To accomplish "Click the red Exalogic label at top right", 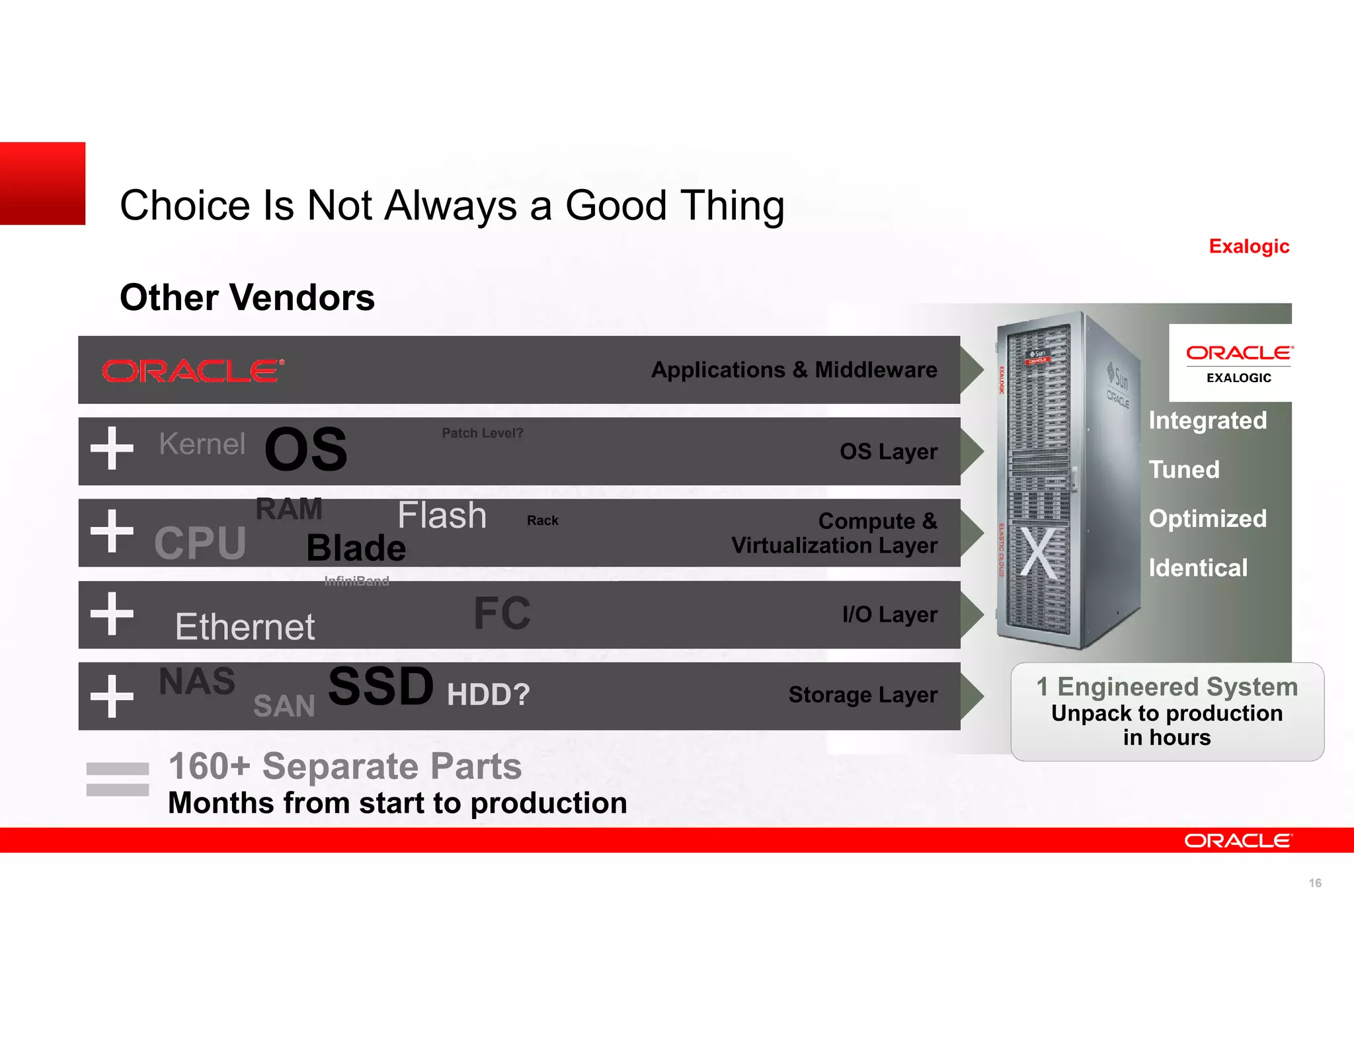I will click(x=1248, y=247).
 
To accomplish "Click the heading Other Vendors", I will click(x=247, y=298).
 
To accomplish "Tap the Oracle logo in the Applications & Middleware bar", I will click(x=193, y=371).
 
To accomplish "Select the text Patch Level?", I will click(x=482, y=433).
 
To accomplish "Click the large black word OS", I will click(x=305, y=450).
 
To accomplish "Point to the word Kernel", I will click(x=202, y=444).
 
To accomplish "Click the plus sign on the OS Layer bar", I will click(x=112, y=448).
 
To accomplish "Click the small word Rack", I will click(x=542, y=520).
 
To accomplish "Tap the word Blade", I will click(x=356, y=548).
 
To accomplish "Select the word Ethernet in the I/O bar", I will click(x=245, y=626).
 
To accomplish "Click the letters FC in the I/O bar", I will click(x=502, y=614).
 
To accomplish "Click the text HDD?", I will click(x=488, y=695).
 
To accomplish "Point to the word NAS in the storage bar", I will click(x=197, y=681).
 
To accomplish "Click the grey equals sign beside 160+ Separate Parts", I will click(x=118, y=779).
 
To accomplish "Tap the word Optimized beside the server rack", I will click(x=1207, y=518).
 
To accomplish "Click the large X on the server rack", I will click(x=1039, y=553).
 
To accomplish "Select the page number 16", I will click(x=1314, y=883).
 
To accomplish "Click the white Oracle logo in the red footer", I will click(x=1237, y=840).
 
